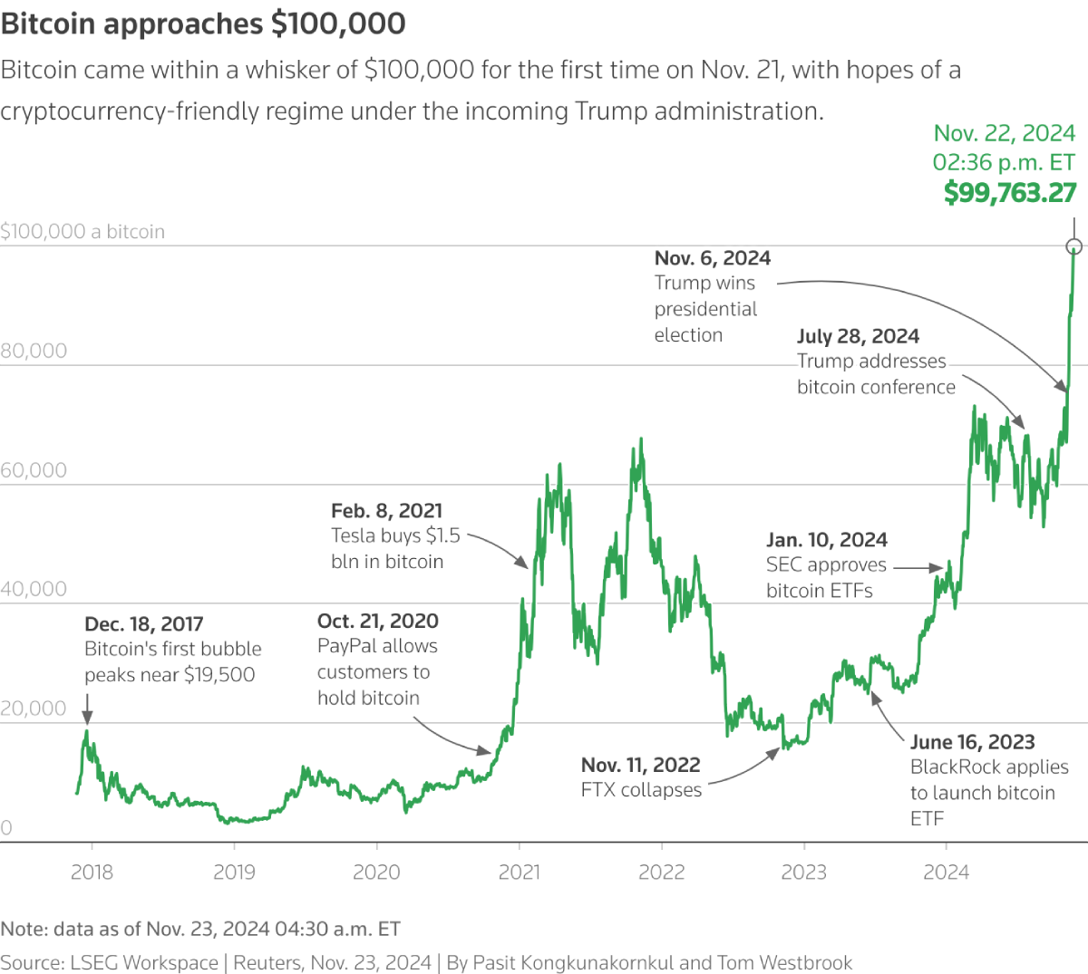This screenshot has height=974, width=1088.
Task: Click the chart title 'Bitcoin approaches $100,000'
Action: coord(203,24)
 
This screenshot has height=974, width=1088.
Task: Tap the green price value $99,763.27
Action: coord(1009,193)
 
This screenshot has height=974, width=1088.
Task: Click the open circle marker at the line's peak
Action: coord(1074,246)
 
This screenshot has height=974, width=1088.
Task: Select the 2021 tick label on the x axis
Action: coord(520,873)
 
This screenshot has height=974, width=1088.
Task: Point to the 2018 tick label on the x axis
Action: coord(92,873)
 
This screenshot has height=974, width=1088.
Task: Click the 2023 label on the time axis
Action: coord(804,873)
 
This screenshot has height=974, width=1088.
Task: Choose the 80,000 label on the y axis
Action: coord(34,352)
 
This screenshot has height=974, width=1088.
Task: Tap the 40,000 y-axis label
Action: coord(34,590)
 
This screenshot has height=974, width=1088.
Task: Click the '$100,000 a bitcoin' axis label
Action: coord(83,232)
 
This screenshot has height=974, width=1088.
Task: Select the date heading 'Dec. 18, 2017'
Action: coord(143,624)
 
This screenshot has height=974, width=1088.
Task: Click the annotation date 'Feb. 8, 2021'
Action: coord(387,511)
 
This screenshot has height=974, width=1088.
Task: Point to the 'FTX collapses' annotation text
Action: coord(641,790)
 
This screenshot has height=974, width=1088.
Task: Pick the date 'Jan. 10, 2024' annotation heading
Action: coord(827,540)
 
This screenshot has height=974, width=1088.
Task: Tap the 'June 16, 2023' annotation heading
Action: coord(972,742)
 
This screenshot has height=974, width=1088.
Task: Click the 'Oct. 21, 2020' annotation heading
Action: coord(378,622)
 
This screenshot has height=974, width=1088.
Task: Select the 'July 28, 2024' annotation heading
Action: coord(858,337)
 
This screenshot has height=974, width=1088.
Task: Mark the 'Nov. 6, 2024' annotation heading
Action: coord(713,258)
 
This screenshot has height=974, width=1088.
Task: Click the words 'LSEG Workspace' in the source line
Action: coord(144,962)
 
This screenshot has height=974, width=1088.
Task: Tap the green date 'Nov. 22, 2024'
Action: coord(1004,134)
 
